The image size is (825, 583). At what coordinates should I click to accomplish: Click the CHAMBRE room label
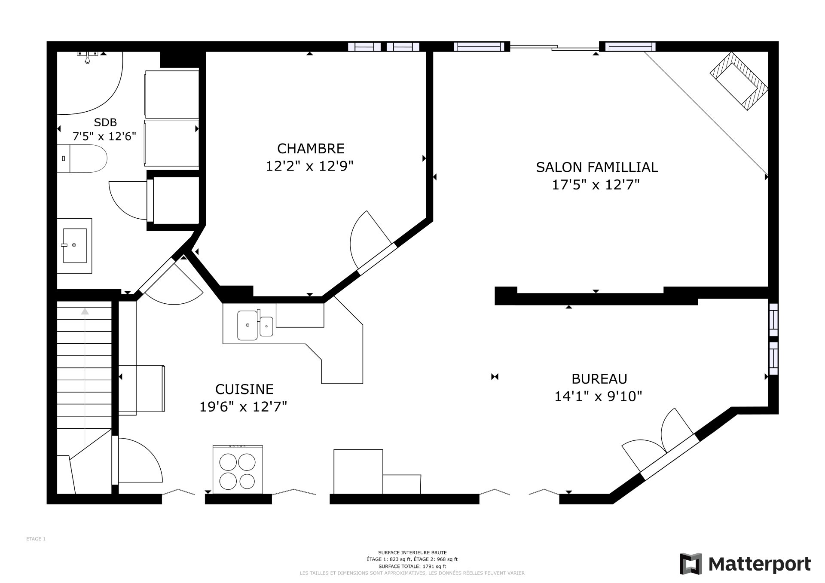tap(311, 149)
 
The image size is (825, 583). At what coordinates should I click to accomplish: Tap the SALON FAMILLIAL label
tap(597, 167)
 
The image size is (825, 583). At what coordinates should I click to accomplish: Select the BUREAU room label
tap(599, 378)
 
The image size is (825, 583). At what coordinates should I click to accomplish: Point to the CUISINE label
tap(244, 389)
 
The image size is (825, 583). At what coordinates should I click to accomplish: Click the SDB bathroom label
tap(105, 122)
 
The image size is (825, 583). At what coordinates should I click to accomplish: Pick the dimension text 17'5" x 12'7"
tap(596, 185)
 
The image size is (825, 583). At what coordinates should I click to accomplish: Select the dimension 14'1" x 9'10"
tap(598, 396)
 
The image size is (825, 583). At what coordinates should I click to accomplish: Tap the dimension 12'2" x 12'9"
tap(309, 166)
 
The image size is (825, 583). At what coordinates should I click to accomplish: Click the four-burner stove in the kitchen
tap(238, 469)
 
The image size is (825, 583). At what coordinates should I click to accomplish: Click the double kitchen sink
tap(255, 325)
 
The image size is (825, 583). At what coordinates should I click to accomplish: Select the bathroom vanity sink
tap(75, 245)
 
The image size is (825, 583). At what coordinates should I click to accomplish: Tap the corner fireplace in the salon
tap(739, 81)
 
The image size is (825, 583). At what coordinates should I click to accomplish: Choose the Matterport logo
tap(746, 564)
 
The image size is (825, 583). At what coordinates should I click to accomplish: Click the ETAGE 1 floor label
tap(36, 539)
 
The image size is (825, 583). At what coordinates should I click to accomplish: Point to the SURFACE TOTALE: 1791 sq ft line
tap(412, 566)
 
